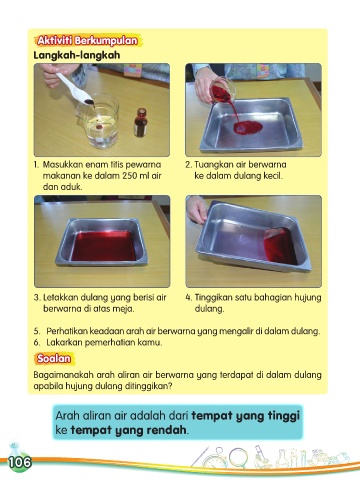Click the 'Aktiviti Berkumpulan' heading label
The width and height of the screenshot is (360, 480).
[88, 41]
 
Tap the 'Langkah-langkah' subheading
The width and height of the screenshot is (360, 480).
[77, 55]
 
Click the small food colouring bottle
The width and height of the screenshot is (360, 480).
[141, 122]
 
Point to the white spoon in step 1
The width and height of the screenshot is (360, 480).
[75, 89]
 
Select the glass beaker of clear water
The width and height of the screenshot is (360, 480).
[99, 121]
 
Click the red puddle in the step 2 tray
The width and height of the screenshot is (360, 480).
[248, 127]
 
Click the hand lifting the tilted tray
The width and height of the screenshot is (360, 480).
[197, 209]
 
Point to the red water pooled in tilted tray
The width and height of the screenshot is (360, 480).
[280, 246]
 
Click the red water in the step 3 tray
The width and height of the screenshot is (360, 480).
[104, 246]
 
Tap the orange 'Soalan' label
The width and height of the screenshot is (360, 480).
[54, 358]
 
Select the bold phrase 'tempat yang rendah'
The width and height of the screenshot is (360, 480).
[128, 430]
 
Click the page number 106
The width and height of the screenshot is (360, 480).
[20, 462]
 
